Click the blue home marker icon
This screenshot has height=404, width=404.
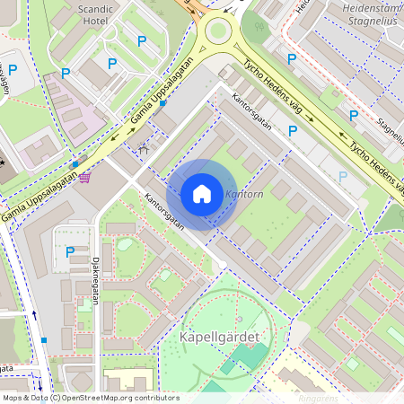(x=202, y=194)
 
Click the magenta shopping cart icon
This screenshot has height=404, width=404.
(x=84, y=177)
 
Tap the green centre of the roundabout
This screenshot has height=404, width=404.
(x=218, y=32)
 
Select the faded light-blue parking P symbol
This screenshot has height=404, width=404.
(x=342, y=177)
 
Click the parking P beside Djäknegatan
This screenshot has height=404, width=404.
(x=70, y=252)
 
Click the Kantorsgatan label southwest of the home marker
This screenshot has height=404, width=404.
(x=163, y=212)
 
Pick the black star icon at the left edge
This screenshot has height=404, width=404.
(x=3, y=162)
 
